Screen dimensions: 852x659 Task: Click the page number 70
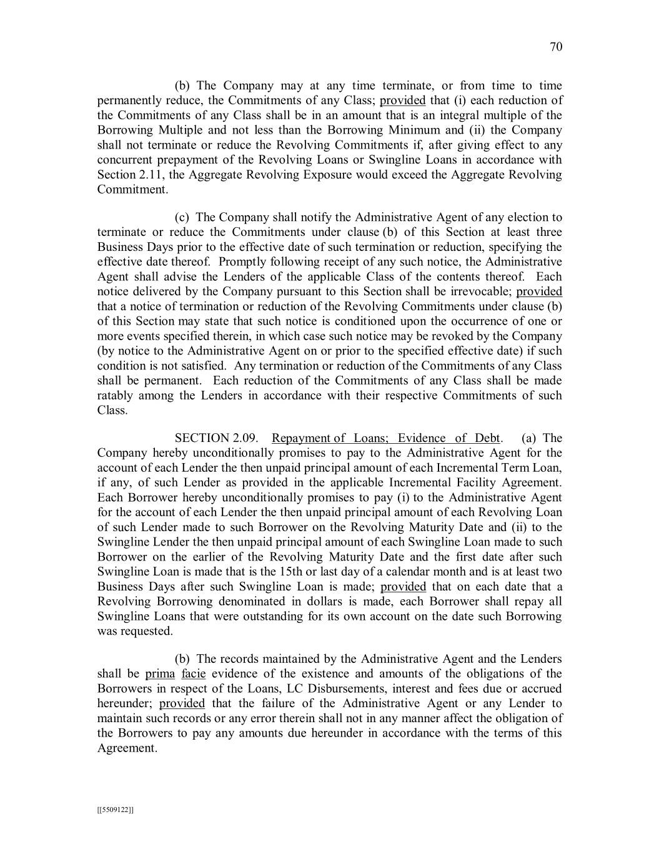tap(556, 47)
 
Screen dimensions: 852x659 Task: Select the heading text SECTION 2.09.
tap(216, 438)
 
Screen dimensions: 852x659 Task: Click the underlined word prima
tap(160, 674)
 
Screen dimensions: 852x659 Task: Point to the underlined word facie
tap(193, 674)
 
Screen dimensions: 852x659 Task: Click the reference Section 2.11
tap(123, 175)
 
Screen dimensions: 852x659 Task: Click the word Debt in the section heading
tap(488, 438)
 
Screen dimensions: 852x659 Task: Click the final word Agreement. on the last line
tap(127, 748)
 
